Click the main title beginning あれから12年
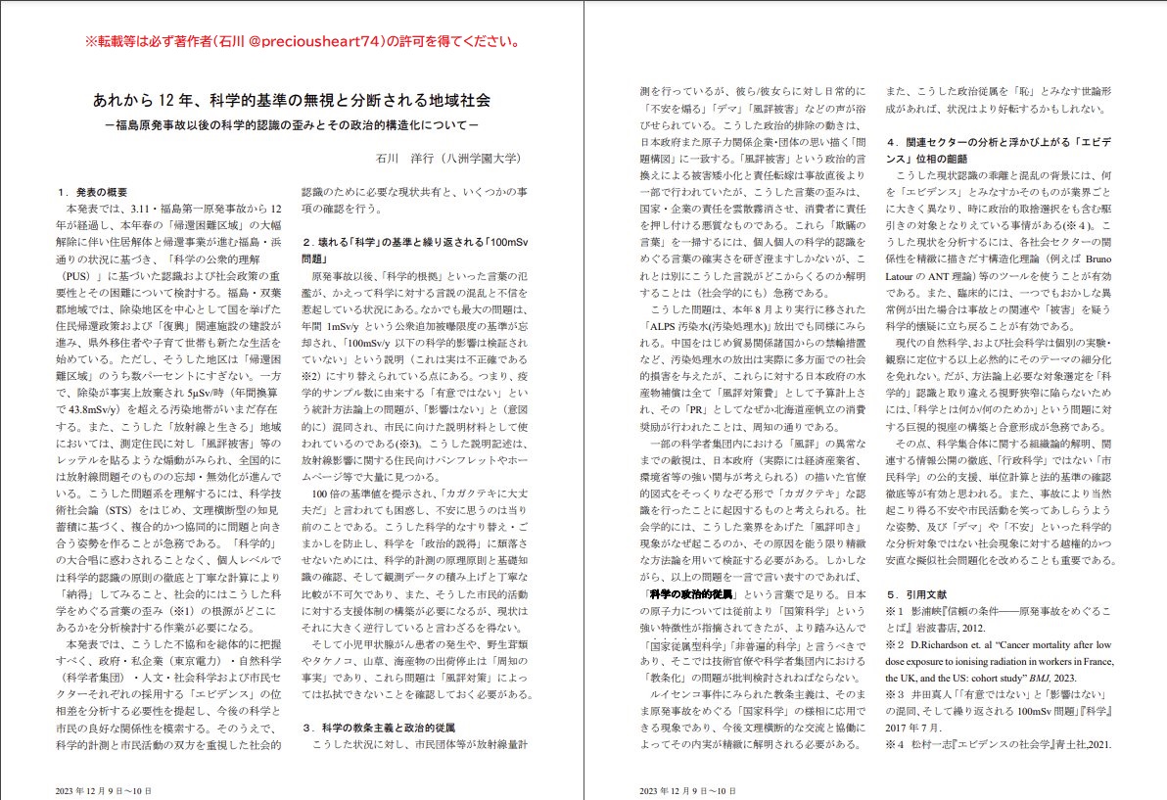[291, 101]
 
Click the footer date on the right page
[686, 789]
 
